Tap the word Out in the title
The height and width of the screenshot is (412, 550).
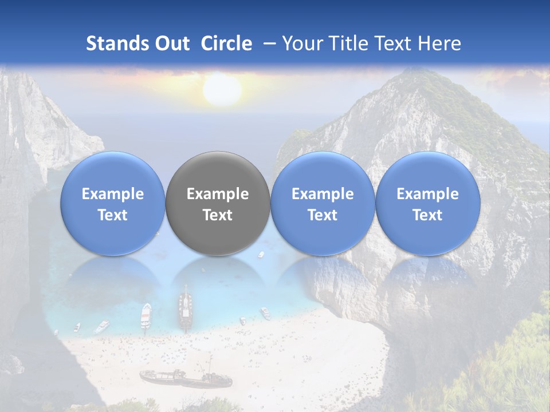(x=172, y=43)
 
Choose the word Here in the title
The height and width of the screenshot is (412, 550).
(x=438, y=43)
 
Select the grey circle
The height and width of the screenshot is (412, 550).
(x=218, y=203)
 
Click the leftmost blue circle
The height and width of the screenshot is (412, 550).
(x=113, y=203)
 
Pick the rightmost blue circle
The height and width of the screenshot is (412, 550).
(x=427, y=203)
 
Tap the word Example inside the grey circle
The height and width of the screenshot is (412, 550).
(x=218, y=194)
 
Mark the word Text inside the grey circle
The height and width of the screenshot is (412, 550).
(x=218, y=215)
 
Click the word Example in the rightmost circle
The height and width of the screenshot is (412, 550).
(x=427, y=194)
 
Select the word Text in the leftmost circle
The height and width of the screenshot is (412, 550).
(x=113, y=215)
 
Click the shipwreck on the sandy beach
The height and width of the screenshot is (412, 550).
(x=185, y=378)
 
